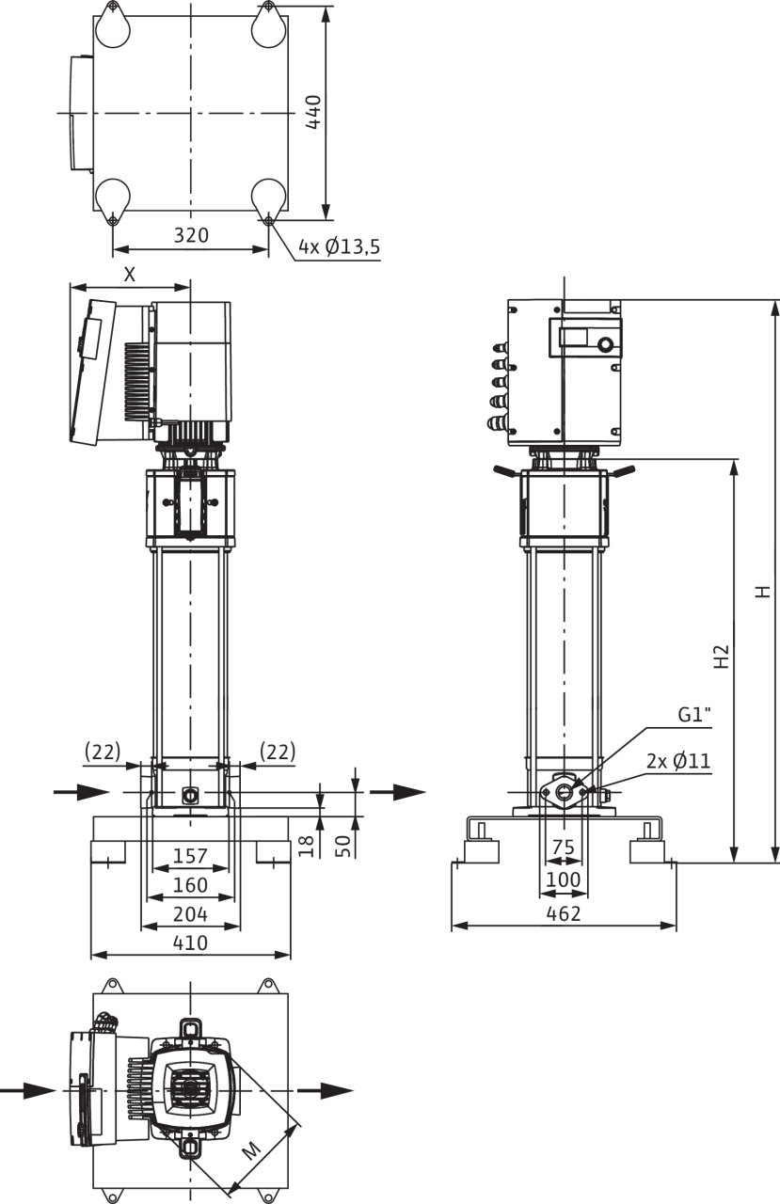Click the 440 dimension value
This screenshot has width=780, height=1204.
[313, 112]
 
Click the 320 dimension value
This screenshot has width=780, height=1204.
[191, 235]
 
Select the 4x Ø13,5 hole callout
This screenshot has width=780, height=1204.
[340, 247]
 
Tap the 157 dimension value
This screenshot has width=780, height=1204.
[191, 856]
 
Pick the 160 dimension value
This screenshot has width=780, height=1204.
[191, 885]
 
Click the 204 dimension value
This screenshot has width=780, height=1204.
[191, 913]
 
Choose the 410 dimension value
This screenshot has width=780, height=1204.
[191, 942]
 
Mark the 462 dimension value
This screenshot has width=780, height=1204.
[564, 913]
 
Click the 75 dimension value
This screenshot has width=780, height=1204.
[563, 848]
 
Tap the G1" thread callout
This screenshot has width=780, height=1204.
[694, 715]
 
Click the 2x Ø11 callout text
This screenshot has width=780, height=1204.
[677, 760]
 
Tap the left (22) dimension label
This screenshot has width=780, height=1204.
[103, 751]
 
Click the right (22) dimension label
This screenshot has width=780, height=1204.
[276, 751]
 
